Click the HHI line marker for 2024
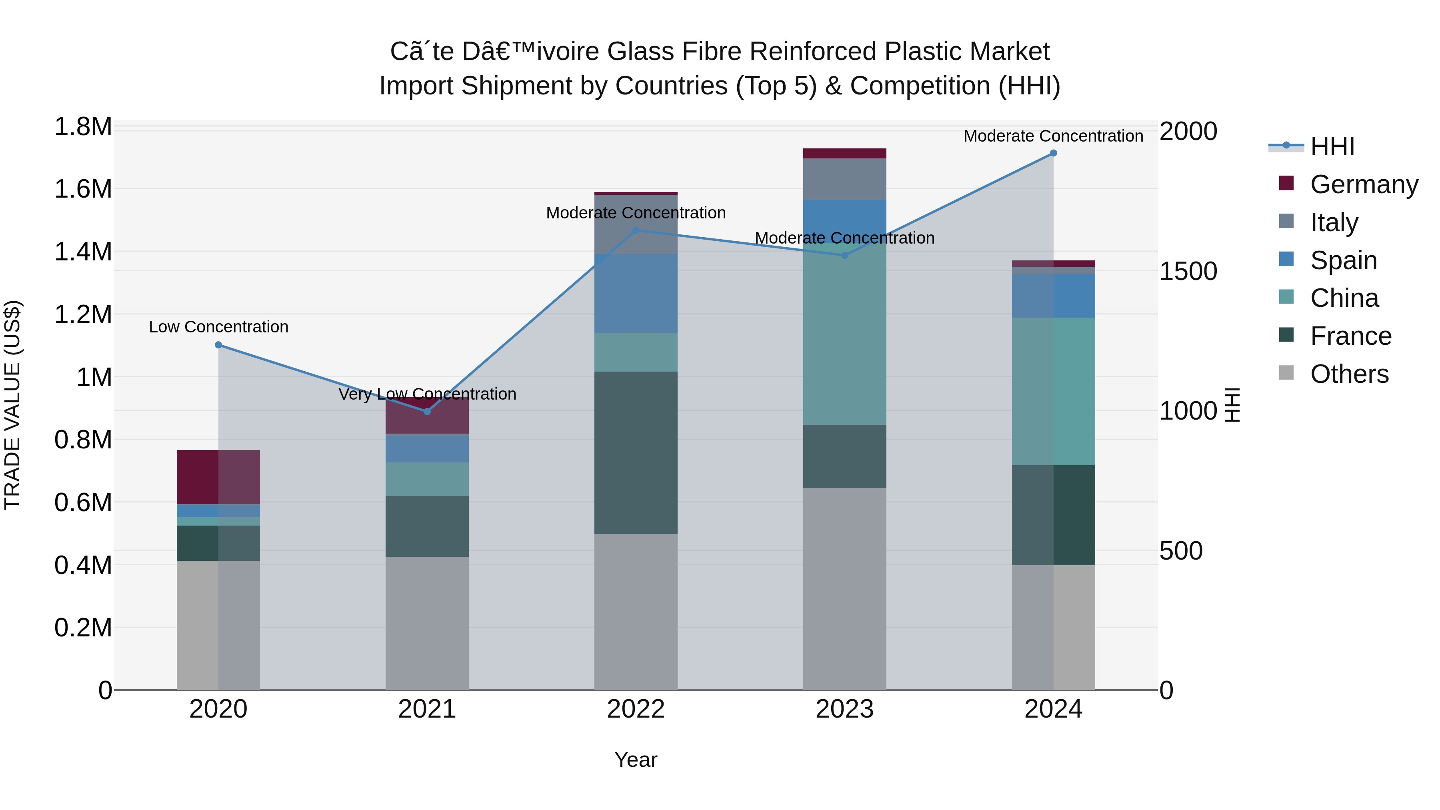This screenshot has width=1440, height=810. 1053,153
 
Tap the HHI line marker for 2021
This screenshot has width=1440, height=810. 427,412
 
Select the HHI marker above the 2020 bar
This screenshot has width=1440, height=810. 218,345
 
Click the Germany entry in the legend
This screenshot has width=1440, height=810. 1364,184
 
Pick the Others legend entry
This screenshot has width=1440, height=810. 1348,374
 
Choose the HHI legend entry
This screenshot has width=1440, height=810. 1332,146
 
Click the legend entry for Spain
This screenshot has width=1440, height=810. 1343,260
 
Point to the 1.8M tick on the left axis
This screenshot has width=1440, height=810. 83,127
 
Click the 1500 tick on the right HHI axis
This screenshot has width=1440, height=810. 1188,271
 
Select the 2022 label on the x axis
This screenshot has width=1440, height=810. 636,709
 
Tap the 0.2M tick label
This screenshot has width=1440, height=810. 83,627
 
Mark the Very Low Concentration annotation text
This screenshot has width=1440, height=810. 427,394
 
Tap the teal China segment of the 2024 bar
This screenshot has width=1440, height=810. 1053,391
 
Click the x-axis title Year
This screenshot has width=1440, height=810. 636,760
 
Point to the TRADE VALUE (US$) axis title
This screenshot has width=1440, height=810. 12,405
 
